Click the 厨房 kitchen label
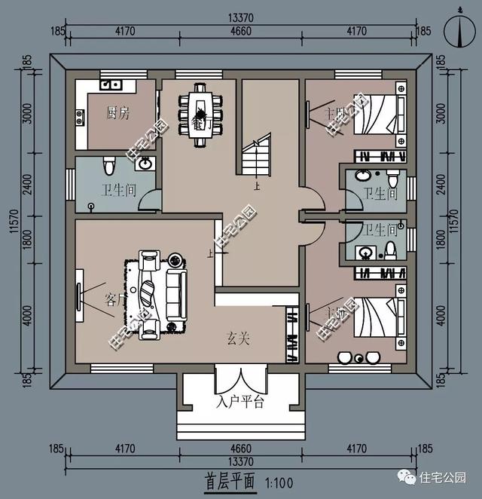117,113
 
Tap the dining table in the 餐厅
200,110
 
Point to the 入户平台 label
239,403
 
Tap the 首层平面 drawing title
229,480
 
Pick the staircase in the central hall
256,160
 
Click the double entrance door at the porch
239,377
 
